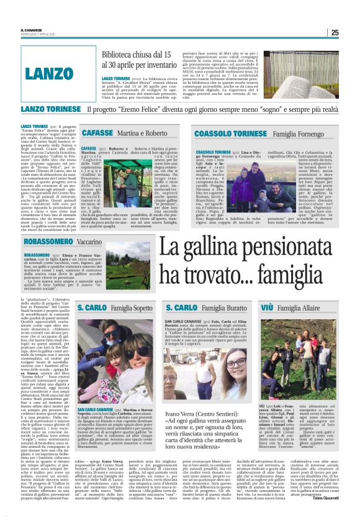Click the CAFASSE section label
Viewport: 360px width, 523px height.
(x=96, y=133)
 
